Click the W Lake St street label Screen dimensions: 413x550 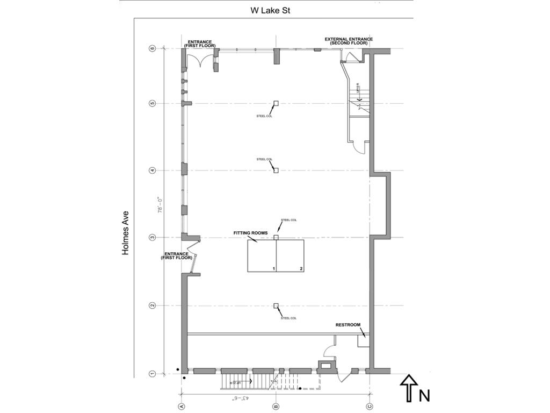271,10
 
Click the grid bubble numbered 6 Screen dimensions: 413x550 153,48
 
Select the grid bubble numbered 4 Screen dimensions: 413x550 153,170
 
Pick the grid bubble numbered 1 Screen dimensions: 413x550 153,374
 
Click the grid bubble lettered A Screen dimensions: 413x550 182,406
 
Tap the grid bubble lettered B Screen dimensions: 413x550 276,406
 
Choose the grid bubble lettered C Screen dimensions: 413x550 370,406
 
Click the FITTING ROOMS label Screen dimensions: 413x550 250,233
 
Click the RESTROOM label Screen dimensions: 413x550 348,325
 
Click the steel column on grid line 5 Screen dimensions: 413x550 276,103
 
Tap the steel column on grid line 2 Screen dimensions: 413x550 276,305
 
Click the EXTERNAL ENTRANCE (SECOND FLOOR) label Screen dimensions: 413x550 349,41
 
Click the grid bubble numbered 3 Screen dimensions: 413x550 153,237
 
